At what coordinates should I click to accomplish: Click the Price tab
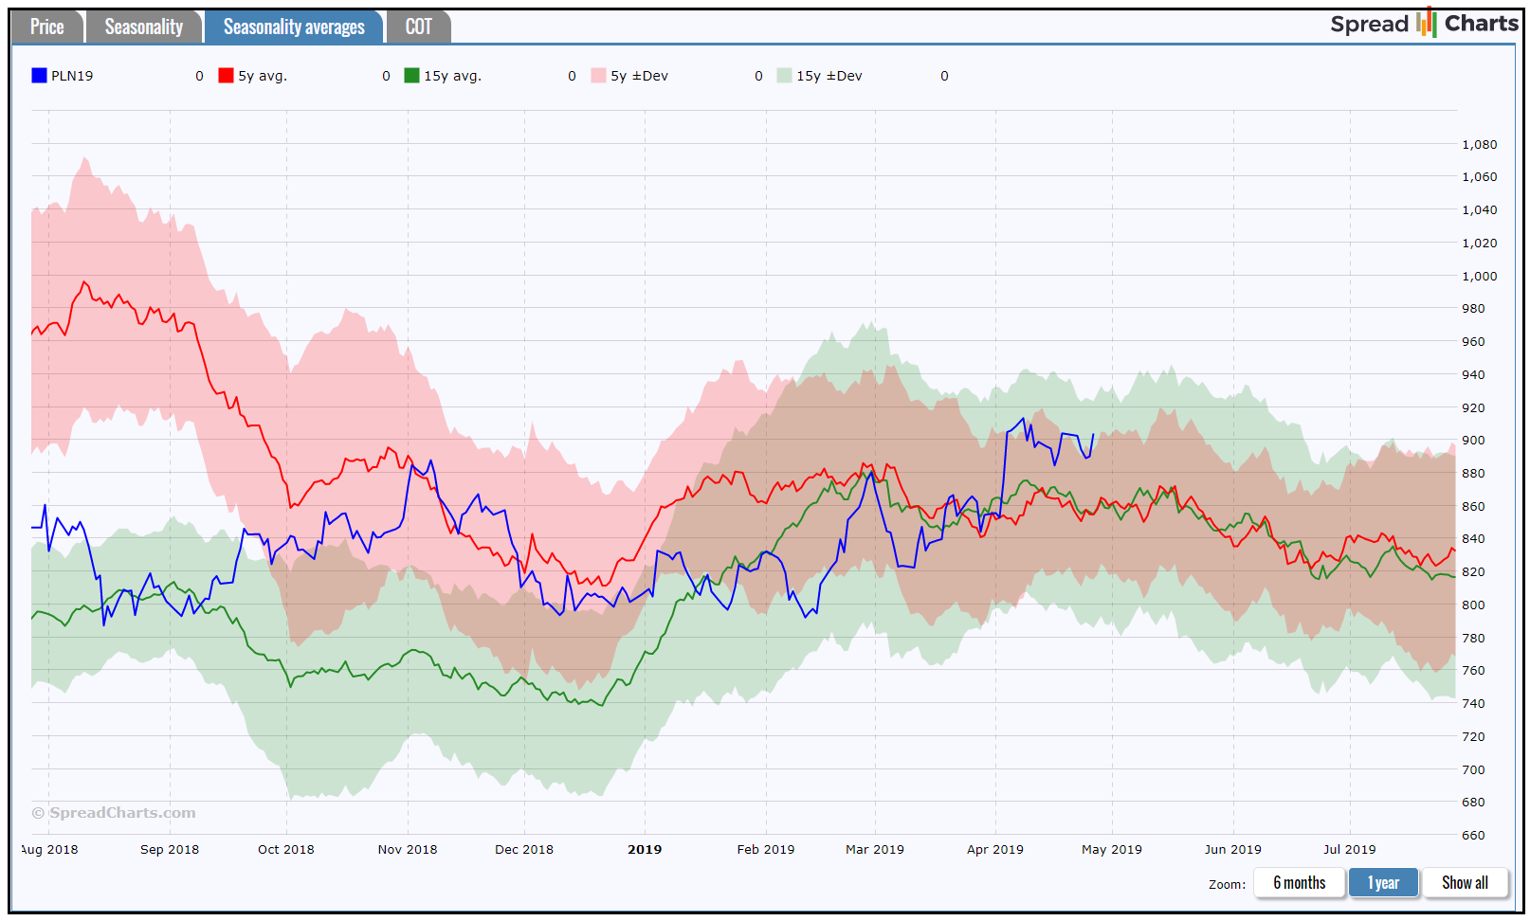(47, 27)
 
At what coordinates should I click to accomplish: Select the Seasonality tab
(143, 27)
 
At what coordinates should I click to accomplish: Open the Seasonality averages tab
(293, 27)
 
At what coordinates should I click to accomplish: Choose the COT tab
(418, 27)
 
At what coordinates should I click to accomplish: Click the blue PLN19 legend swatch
(39, 76)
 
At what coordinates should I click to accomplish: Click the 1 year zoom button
(1383, 883)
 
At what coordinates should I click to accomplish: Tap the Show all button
(1465, 883)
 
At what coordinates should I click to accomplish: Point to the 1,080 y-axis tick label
(1479, 145)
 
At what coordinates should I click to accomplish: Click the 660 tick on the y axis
(1473, 836)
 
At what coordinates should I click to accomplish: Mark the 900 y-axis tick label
(1473, 441)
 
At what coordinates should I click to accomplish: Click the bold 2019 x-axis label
(645, 850)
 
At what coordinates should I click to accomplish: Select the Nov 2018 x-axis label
(408, 850)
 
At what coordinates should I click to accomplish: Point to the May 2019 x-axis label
(1111, 850)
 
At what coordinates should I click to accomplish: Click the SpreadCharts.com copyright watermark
(114, 813)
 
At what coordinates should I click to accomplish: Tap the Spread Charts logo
(1424, 24)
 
